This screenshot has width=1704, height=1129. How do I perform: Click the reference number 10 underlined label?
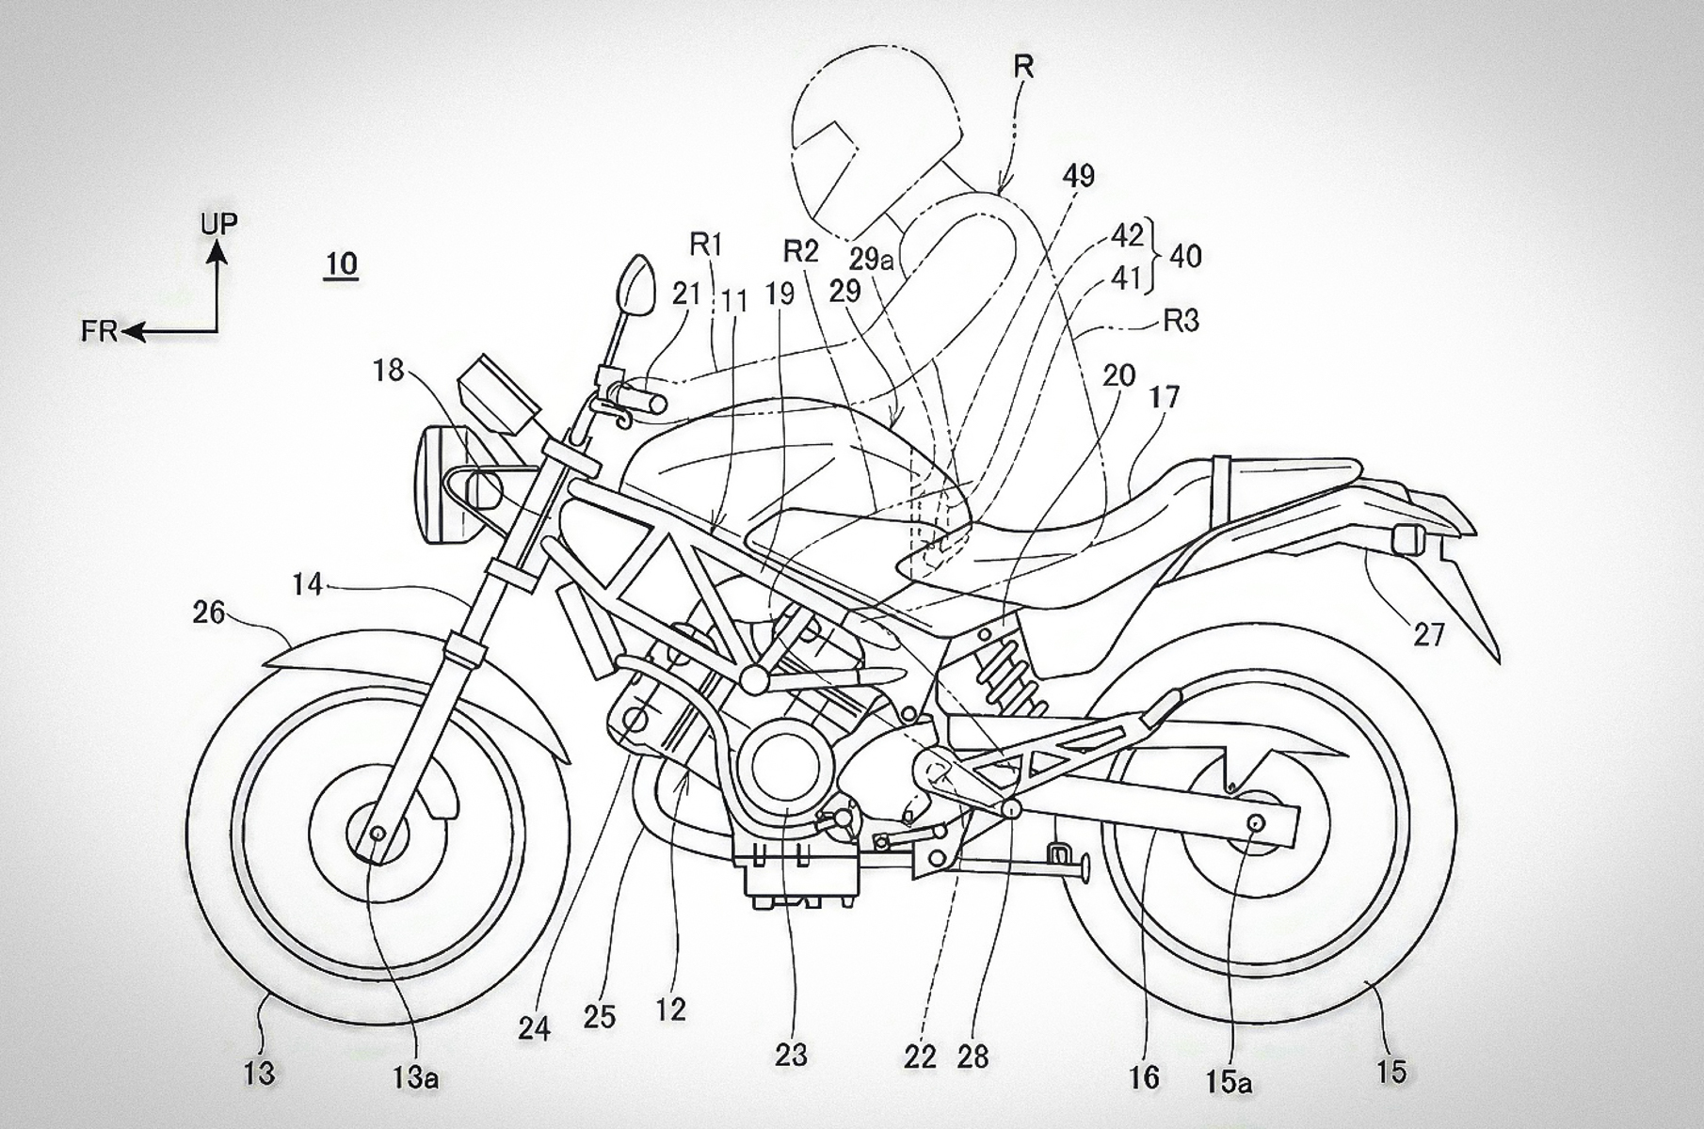(x=341, y=263)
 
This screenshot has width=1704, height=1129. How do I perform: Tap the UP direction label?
(x=218, y=224)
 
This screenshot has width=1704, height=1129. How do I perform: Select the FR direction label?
(x=99, y=331)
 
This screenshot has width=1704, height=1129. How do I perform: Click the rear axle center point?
(x=1254, y=823)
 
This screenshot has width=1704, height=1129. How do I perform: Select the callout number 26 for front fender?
(x=208, y=612)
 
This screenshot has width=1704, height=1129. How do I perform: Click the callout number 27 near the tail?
(x=1428, y=635)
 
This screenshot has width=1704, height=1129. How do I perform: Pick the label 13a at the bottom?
(x=415, y=1077)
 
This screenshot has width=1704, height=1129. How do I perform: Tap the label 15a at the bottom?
(x=1230, y=1082)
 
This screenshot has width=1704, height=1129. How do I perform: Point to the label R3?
(x=1182, y=321)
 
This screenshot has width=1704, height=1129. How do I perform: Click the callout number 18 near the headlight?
(x=388, y=371)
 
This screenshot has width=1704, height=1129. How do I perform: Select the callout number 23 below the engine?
(x=791, y=1055)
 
